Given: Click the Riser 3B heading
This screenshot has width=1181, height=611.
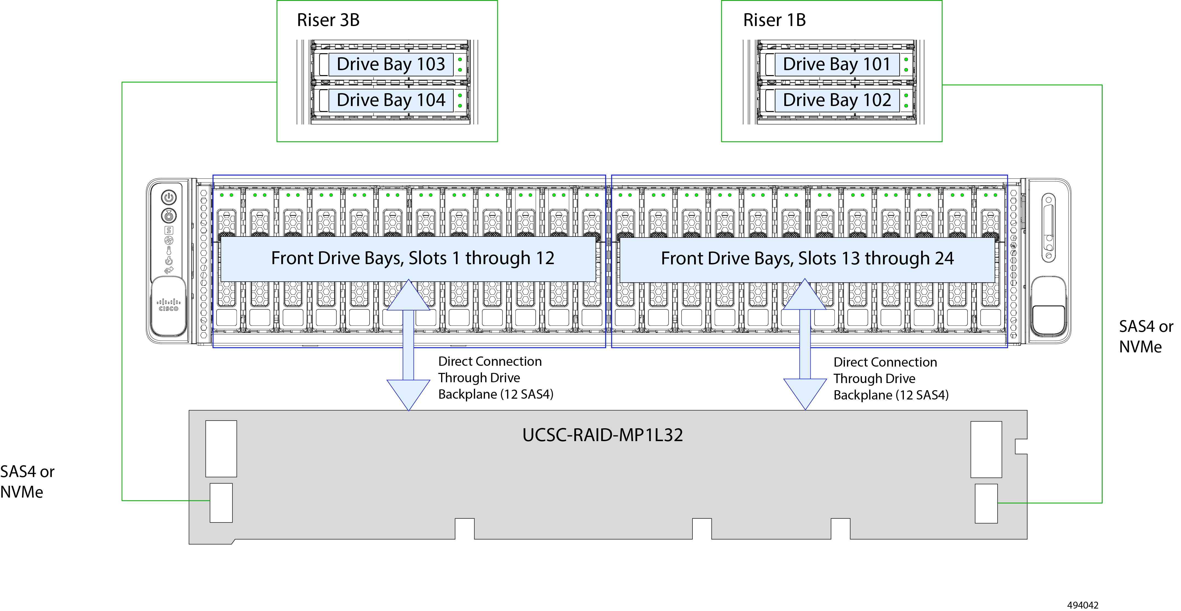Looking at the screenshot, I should pyautogui.click(x=328, y=20).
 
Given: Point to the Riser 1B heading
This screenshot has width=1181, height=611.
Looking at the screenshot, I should pyautogui.click(x=774, y=20).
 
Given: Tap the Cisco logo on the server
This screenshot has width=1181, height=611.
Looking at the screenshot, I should pyautogui.click(x=169, y=305).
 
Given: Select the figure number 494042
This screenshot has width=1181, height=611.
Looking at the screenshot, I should pyautogui.click(x=1083, y=605).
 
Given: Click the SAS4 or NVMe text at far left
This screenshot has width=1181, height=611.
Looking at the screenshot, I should pyautogui.click(x=27, y=482).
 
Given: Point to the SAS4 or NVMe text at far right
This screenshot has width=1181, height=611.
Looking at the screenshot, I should pyautogui.click(x=1146, y=336).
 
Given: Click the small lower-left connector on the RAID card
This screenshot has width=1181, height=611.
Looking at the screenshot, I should pyautogui.click(x=221, y=503).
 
